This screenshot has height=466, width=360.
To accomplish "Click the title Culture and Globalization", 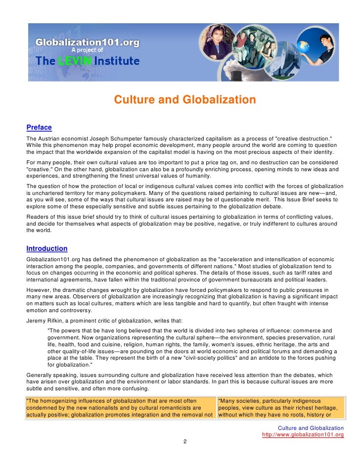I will [185, 100].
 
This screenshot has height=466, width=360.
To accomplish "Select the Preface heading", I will [39, 128].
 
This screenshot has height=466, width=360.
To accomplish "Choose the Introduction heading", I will [47, 249].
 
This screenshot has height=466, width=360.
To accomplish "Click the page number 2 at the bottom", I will [184, 442].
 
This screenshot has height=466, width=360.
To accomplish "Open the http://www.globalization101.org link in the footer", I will [303, 435].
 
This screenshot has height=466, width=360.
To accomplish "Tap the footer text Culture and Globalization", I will [311, 428].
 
